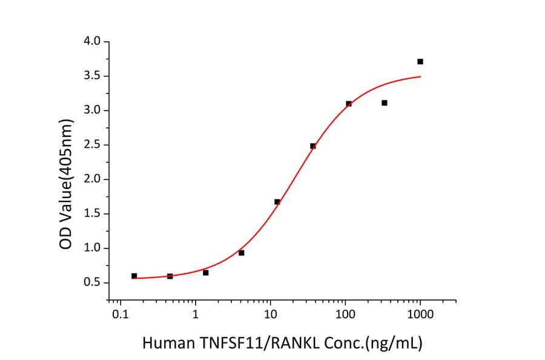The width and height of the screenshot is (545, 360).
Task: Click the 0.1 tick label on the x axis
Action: (120, 315)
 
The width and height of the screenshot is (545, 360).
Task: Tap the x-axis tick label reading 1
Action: (195, 315)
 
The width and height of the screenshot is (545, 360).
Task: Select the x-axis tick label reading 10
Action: (270, 315)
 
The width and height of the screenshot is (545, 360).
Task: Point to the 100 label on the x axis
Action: (345, 315)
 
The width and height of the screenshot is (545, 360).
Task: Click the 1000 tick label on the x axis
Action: (420, 315)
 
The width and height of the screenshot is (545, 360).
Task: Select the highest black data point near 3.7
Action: (420, 61)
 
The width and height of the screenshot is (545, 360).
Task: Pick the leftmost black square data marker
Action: (134, 276)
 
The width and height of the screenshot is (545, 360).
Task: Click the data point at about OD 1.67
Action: (277, 202)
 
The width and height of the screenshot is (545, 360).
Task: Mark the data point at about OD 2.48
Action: (313, 146)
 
